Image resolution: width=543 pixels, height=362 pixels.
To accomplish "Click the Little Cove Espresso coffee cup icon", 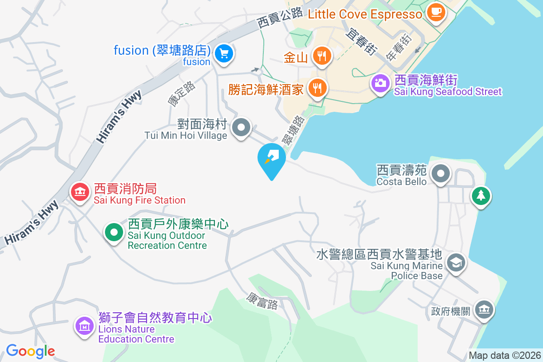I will coord(436,12).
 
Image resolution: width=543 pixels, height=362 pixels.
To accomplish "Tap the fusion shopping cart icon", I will coord(224,54).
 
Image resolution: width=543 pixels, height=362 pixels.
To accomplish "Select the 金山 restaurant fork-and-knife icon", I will coord(322,56).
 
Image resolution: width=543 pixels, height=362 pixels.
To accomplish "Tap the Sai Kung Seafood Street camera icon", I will coord(380,83).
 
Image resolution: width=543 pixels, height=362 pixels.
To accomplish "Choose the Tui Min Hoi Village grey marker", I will coord(241,127).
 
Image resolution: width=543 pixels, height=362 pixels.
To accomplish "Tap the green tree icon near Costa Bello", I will coord(481,196).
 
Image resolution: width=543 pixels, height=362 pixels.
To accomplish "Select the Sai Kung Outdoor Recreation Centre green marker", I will coord(114,233).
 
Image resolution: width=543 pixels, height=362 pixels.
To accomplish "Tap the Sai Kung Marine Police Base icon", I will coord(456,262).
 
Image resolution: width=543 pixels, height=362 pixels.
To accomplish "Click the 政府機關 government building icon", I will coord(484,310).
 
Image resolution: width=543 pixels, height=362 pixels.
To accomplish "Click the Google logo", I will coord(30,351).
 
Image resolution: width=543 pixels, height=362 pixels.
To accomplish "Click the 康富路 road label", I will coord(262,300).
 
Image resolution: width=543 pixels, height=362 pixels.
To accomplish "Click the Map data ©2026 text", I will coord(505,355).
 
